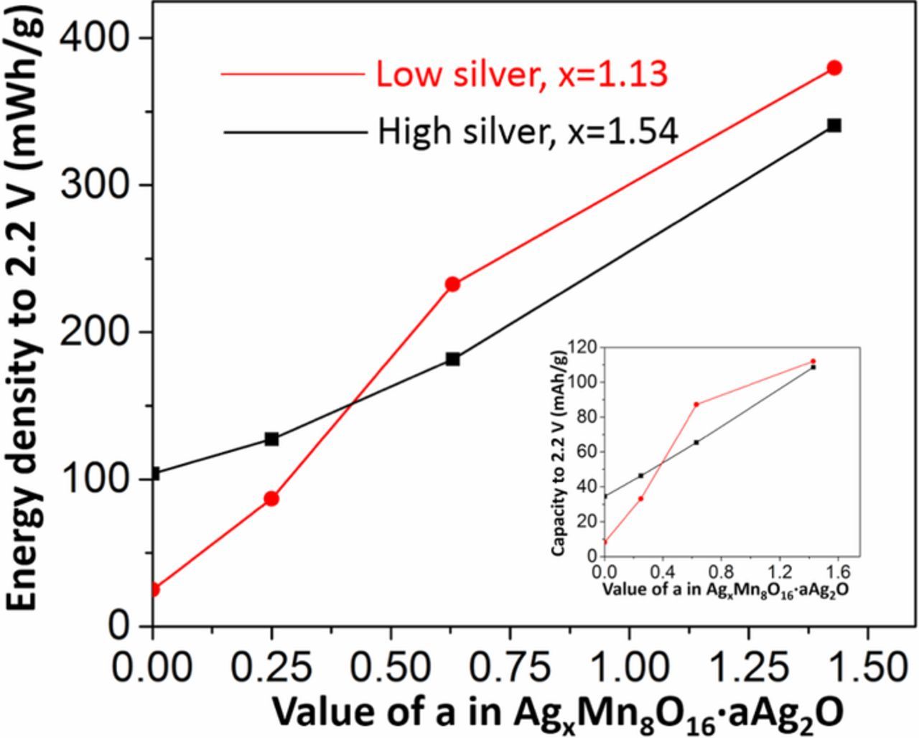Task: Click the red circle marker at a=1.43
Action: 834,68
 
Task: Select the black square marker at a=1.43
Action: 834,126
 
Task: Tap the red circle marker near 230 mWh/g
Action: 452,284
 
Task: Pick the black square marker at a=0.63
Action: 452,359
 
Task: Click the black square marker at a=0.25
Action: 271,439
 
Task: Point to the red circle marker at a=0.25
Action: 271,499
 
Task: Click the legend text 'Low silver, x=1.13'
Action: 522,74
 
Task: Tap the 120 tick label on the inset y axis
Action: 582,347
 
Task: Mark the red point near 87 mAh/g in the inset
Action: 696,404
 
